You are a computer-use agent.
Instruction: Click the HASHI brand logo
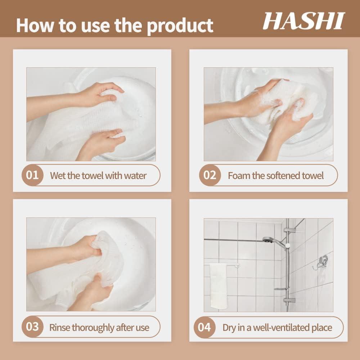coord(303,21)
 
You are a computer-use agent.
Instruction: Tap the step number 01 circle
coord(32,175)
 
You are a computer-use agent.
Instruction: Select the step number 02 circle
coord(210,175)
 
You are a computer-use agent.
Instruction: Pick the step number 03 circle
coord(32,327)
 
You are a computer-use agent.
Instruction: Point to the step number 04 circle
coord(204,327)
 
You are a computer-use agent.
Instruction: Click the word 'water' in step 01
coord(135,176)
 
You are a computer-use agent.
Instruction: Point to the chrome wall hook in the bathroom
coord(321,262)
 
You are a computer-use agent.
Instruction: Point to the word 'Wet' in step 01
coord(58,176)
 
